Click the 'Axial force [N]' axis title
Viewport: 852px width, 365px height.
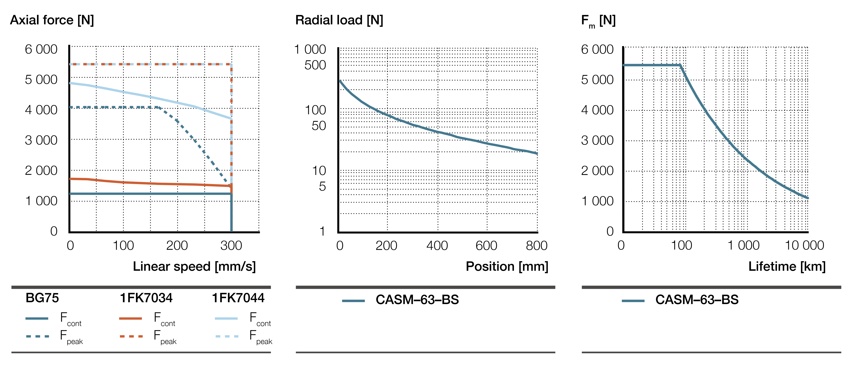(52, 20)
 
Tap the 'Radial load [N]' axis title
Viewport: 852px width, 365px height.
(339, 20)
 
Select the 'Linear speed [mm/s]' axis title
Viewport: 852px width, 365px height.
(194, 266)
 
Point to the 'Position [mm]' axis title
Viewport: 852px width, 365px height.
(507, 266)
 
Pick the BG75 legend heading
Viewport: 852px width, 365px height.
(42, 298)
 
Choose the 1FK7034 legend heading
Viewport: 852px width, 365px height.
(146, 298)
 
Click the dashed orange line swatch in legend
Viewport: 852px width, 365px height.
(131, 336)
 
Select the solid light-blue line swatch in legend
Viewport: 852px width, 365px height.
(226, 318)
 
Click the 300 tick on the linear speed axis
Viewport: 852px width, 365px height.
(231, 246)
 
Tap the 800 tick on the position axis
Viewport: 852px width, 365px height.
(536, 246)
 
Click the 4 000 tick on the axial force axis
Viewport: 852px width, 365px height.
(41, 110)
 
